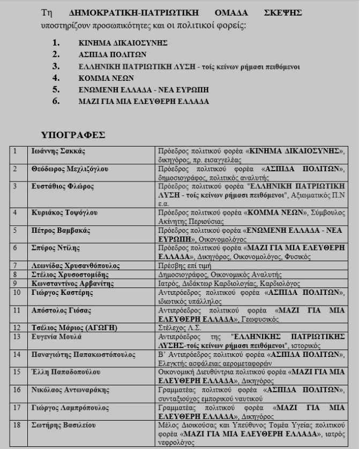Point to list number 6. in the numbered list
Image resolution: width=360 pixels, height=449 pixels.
56,101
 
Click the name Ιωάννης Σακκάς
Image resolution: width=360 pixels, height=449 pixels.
58,151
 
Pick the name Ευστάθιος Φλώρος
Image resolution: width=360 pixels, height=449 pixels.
63,187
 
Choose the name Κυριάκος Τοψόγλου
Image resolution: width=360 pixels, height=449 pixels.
64,213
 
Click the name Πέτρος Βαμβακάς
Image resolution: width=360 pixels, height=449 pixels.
61,231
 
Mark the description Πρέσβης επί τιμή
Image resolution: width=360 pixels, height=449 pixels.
183,265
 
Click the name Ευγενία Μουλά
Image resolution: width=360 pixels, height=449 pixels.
56,337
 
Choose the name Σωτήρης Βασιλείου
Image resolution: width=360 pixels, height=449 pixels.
63,425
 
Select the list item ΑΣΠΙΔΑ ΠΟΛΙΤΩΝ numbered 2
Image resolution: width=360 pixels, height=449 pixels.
112,54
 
